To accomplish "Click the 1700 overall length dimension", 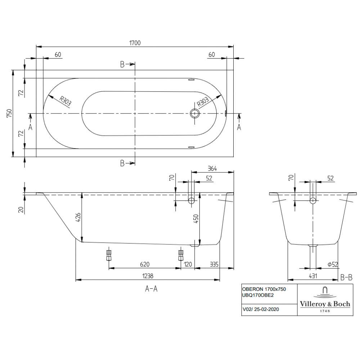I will coord(135,43).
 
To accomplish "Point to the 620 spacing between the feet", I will coord(144,265).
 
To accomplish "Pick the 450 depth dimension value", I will coord(197,218).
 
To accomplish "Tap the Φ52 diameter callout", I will coord(333,265).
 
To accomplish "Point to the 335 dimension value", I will coord(215,265).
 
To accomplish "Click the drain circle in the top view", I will coord(195,113).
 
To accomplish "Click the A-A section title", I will coord(151,288).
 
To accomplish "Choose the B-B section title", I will coord(346,277).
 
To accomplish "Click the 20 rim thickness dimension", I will coord(21,210).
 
